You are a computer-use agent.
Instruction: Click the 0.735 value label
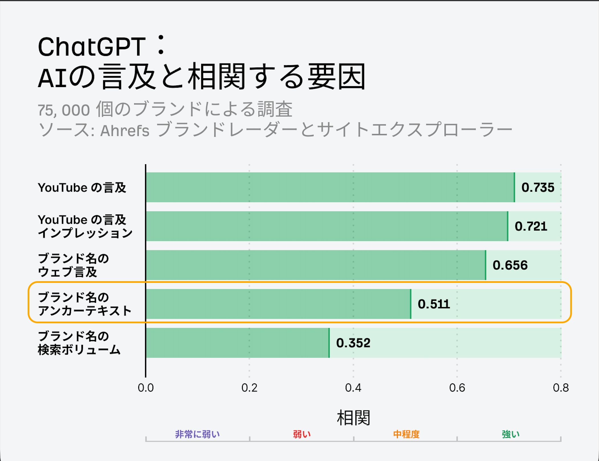(x=538, y=188)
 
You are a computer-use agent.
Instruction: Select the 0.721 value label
(x=531, y=227)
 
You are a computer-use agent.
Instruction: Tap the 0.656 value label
(x=510, y=265)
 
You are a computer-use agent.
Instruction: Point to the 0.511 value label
(x=434, y=304)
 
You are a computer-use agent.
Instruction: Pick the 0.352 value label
(x=353, y=343)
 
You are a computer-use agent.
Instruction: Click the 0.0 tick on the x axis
(x=146, y=388)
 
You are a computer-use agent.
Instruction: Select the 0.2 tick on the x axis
(x=249, y=388)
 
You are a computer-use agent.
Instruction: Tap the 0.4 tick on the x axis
(x=353, y=388)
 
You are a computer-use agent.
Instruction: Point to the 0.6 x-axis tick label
(x=457, y=388)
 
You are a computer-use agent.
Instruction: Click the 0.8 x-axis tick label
(x=561, y=388)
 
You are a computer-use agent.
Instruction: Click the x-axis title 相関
(x=353, y=418)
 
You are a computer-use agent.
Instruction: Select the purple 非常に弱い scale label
(x=197, y=434)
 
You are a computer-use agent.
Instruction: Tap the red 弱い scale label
(x=301, y=434)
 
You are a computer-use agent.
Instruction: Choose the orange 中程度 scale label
(x=406, y=434)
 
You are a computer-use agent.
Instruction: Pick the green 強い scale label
(x=510, y=434)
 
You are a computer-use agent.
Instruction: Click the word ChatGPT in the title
(x=92, y=47)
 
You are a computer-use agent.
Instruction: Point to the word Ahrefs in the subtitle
(x=125, y=131)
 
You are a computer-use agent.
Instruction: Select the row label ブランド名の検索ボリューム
(x=79, y=343)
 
